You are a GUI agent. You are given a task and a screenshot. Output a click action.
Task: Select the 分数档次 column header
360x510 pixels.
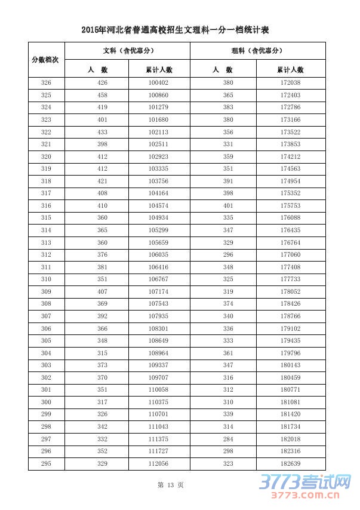point(46,60)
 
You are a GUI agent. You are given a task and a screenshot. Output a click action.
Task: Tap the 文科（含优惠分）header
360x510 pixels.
point(128,51)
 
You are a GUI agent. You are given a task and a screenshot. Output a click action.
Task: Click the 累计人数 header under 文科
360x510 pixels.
point(158,69)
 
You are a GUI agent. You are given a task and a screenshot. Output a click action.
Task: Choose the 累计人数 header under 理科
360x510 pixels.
point(290,69)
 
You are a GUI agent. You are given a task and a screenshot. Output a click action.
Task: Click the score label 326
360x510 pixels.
point(46,82)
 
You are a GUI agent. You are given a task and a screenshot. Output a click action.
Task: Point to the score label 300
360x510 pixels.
point(46,402)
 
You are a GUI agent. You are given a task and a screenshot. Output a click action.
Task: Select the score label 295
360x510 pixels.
point(46,463)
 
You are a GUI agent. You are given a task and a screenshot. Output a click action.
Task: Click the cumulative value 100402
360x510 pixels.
point(158,82)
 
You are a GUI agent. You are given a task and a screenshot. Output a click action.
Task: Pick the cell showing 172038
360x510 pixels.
point(290,82)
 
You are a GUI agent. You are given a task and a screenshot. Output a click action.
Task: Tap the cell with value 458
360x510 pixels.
point(102,95)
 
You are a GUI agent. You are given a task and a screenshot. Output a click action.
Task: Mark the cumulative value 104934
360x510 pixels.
point(158,217)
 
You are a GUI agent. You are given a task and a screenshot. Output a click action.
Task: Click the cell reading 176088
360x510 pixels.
point(290,217)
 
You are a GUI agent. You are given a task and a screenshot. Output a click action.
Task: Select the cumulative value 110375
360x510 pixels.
point(158,402)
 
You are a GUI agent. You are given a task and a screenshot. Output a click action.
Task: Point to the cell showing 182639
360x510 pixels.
point(290,463)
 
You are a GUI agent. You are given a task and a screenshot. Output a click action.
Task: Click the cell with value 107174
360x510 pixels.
point(158,291)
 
